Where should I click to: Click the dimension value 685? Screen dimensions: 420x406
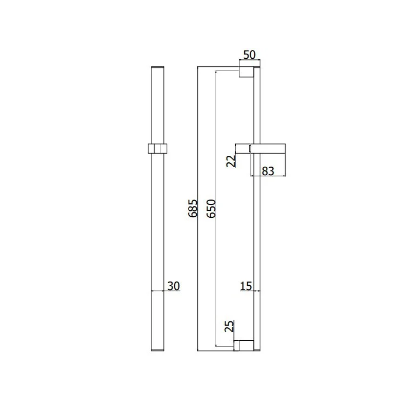192,208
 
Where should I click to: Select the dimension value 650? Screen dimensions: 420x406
211,208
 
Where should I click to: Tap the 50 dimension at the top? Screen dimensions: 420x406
250,54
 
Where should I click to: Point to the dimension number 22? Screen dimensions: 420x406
231,161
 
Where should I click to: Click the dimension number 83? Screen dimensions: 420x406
268,171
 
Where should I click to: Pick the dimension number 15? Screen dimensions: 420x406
246,286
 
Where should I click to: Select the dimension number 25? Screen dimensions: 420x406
229,326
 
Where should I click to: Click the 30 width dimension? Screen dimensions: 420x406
174,286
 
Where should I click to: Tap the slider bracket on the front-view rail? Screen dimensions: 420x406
157,149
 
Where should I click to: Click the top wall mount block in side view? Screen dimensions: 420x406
246,72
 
